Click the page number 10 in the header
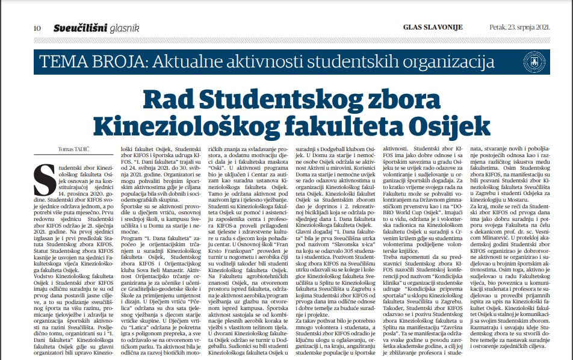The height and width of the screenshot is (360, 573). click(x=37, y=27)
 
